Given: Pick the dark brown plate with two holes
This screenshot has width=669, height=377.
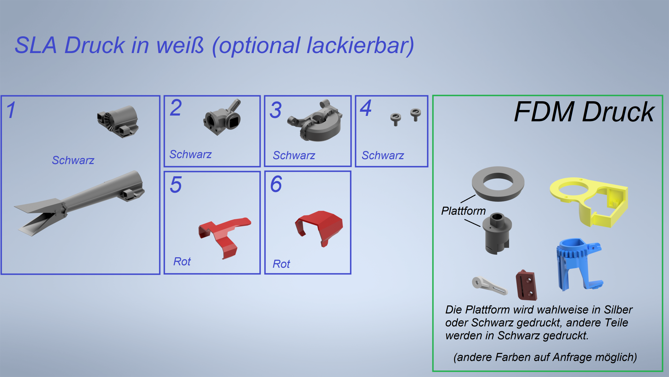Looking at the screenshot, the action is [526, 285].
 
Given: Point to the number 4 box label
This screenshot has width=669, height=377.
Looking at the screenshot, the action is [366, 108].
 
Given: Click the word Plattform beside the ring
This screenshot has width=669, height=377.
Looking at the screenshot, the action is [463, 211].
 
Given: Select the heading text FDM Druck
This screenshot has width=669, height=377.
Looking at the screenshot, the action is [584, 112].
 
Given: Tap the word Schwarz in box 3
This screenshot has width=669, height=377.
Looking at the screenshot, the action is [294, 155].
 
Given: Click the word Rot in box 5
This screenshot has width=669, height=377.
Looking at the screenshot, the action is [182, 261].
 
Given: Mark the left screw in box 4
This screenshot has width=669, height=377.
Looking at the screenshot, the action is [395, 119].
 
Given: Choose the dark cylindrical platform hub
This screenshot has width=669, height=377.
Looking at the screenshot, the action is [497, 233].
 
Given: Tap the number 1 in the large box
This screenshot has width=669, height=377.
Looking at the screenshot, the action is [11, 110].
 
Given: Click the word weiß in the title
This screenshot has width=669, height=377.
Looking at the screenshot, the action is [180, 45].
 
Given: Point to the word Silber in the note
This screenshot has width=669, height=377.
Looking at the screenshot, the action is [618, 310].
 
